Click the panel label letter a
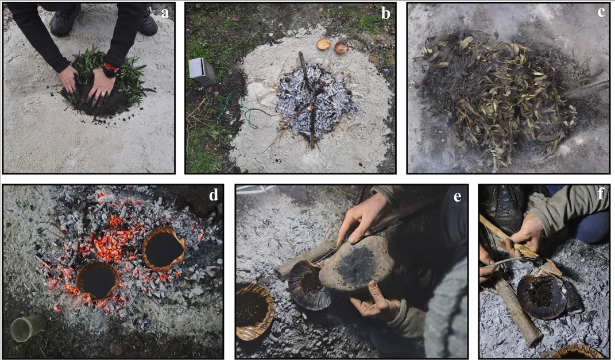tap(165, 13)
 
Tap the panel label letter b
tap(386, 13)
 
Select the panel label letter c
tap(601, 12)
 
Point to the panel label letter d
tap(214, 195)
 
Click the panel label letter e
tap(457, 196)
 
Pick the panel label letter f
tap(601, 193)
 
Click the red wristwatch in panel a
tap(110, 70)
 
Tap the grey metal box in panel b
tap(202, 71)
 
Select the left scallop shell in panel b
tap(324, 44)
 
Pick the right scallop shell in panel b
tap(341, 48)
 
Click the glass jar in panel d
tap(28, 328)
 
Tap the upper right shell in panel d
tap(164, 248)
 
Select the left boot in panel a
tap(65, 20)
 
